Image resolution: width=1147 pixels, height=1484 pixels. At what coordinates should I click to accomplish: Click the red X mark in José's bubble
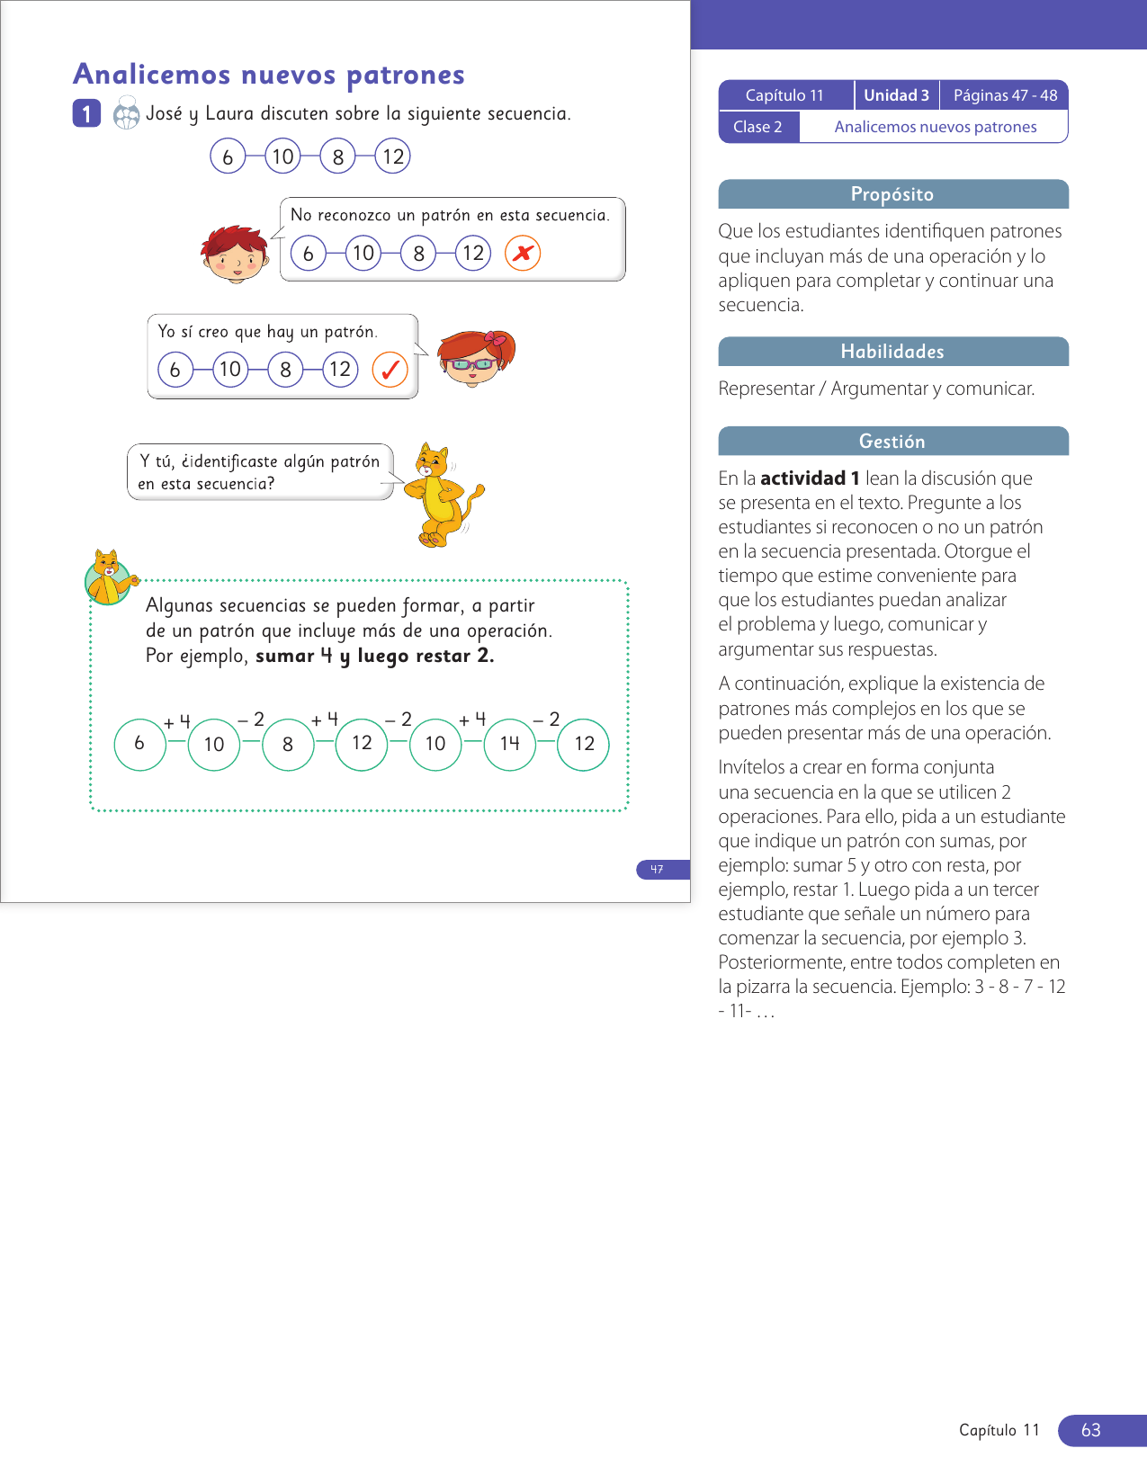523,254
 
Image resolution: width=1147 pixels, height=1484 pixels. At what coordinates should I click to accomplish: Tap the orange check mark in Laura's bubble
390,370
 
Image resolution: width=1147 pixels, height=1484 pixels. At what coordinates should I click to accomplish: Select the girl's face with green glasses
475,358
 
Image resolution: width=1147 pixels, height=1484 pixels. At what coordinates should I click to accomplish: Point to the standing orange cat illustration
443,496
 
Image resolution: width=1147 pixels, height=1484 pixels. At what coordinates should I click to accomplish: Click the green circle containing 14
509,744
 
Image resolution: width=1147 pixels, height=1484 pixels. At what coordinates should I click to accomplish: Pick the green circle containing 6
139,744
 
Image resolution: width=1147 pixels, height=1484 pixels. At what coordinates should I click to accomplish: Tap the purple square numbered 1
86,114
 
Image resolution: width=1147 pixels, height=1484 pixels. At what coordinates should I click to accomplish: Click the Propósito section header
892,194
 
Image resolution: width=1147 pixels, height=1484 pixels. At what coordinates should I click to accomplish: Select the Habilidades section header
892,352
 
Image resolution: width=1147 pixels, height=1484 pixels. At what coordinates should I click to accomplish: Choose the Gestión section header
892,441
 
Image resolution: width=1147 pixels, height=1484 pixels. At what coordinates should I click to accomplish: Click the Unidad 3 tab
896,95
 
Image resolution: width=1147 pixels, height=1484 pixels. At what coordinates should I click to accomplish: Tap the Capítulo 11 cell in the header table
784,95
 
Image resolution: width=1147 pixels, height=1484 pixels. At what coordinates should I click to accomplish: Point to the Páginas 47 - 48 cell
1005,95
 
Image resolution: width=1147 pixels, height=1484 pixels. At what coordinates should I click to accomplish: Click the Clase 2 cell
757,127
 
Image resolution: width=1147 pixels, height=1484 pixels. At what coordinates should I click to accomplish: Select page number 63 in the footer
1091,1430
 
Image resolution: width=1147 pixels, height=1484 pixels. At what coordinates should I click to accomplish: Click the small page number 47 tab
658,869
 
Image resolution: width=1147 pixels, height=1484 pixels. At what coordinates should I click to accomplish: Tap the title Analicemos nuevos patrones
269,75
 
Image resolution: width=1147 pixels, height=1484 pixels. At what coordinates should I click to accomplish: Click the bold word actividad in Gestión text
802,478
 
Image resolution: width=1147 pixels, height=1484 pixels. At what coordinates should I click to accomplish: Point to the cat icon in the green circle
109,578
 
